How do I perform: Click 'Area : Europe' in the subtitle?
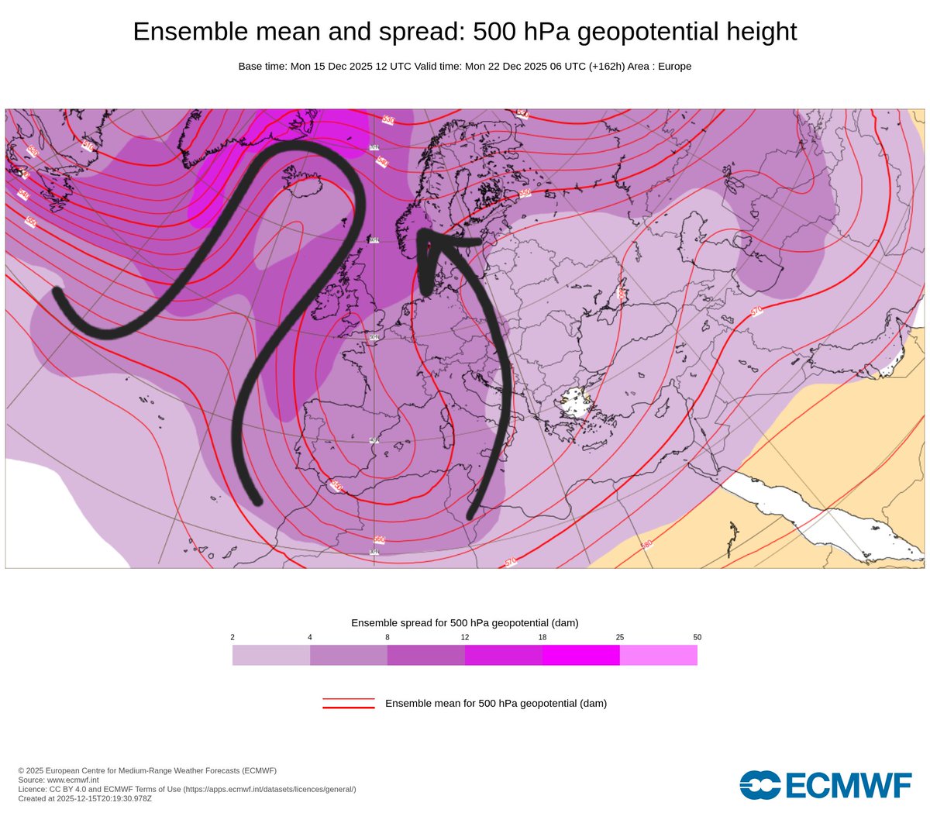coord(660,67)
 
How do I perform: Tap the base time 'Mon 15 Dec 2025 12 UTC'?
coord(351,67)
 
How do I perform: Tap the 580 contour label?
coord(646,545)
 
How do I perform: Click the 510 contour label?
coord(87,146)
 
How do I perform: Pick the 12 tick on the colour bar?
coord(465,637)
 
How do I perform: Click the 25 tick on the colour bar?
coord(620,637)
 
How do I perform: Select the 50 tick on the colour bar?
coord(697,637)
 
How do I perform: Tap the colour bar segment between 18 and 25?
coord(581,655)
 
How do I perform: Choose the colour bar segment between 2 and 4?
coord(271,655)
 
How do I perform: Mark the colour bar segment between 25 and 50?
coord(659,655)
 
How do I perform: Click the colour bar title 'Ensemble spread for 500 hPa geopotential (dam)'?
coord(465,623)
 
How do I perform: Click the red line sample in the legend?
coord(349,704)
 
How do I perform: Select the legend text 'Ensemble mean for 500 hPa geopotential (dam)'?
coord(496,704)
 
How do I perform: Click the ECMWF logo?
coord(825,785)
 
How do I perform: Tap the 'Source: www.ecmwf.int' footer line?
coord(59,780)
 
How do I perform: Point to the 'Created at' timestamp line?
coord(85,798)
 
